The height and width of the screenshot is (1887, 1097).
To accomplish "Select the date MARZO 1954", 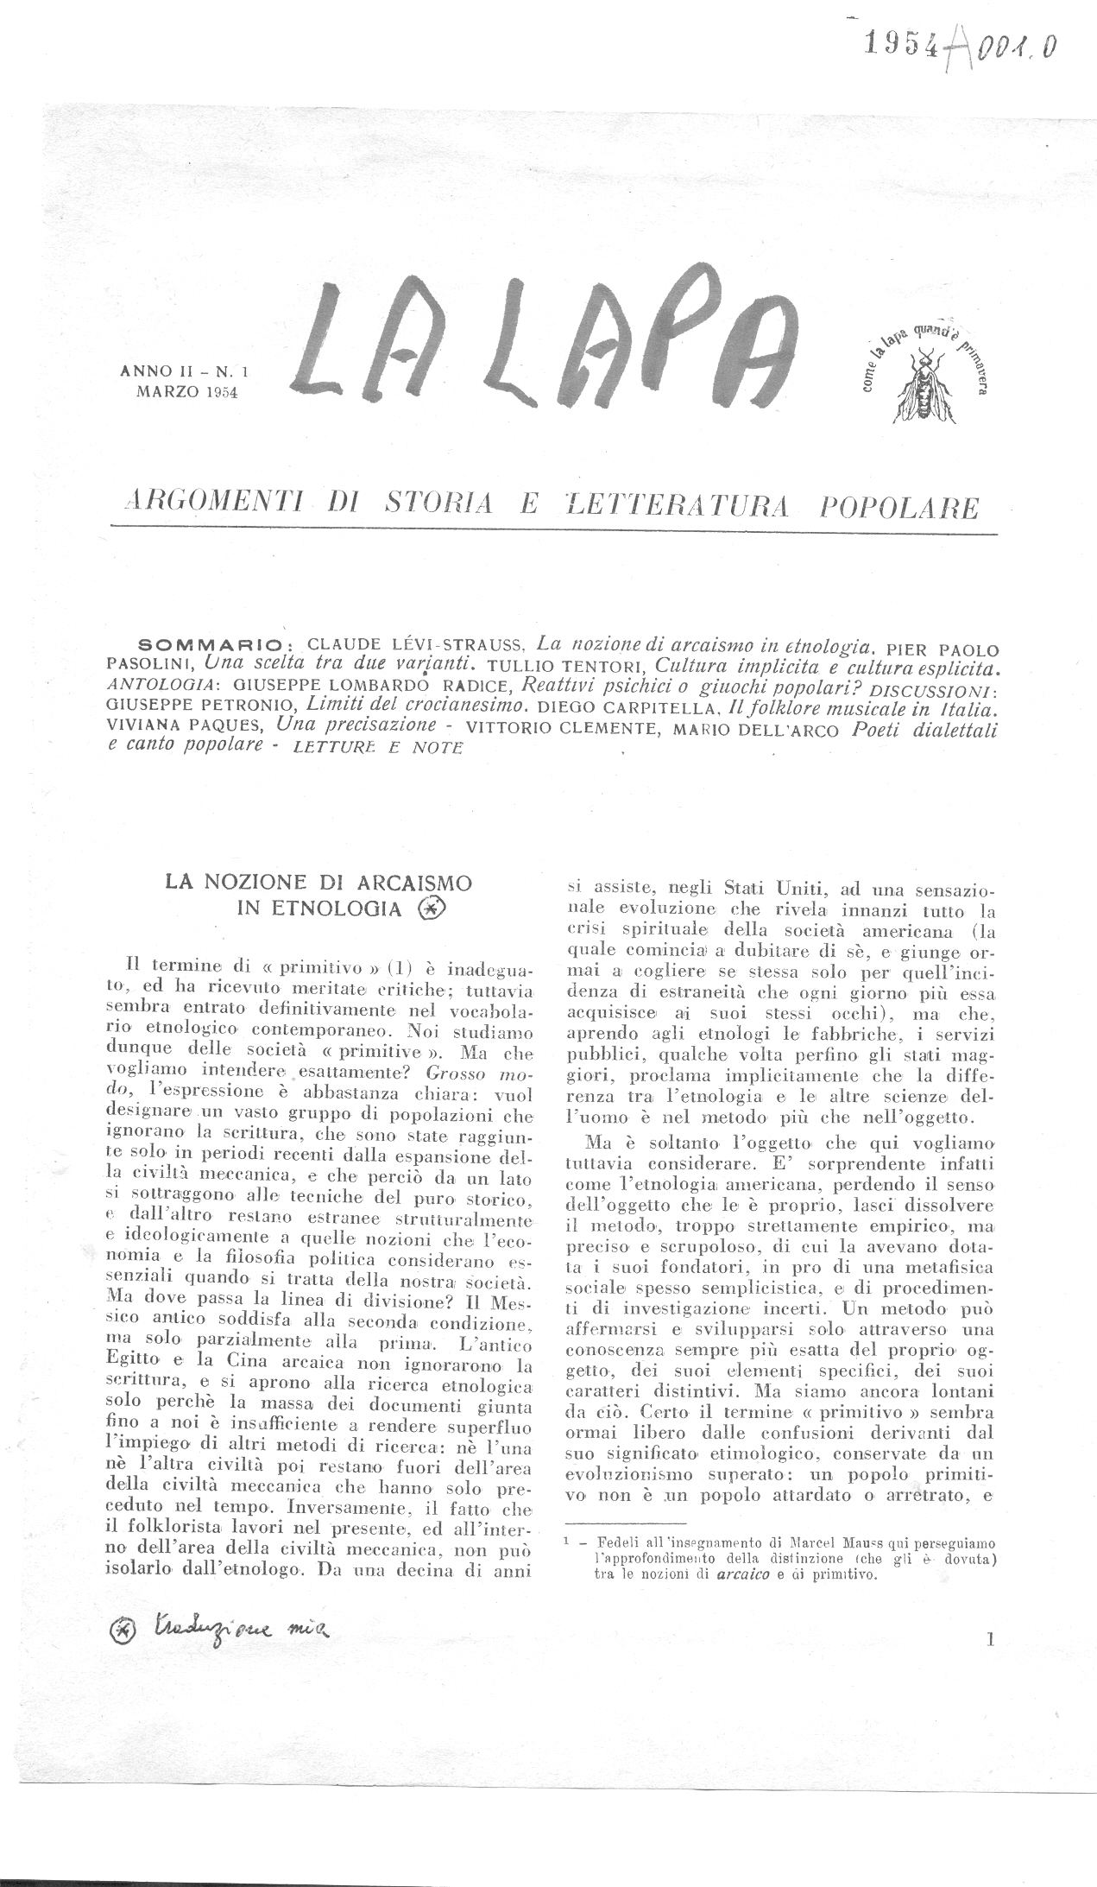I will (186, 392).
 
